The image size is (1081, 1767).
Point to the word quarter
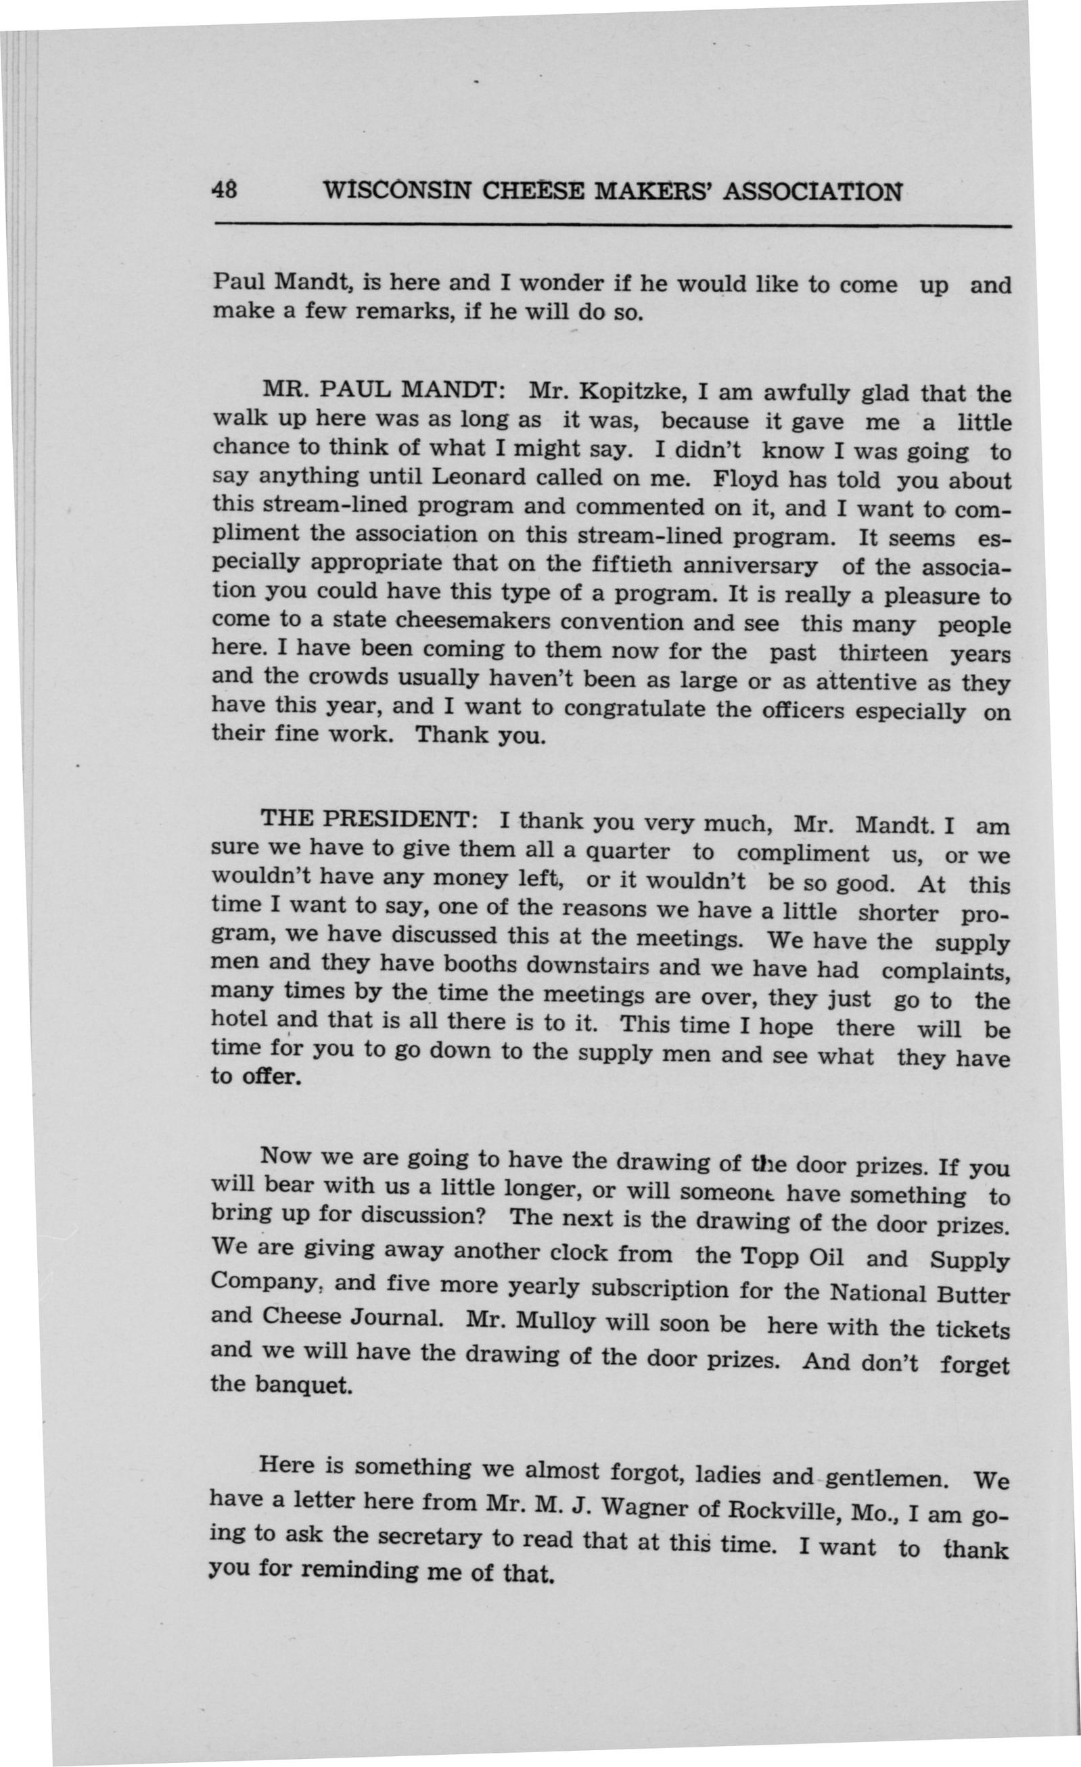[x=629, y=852]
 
